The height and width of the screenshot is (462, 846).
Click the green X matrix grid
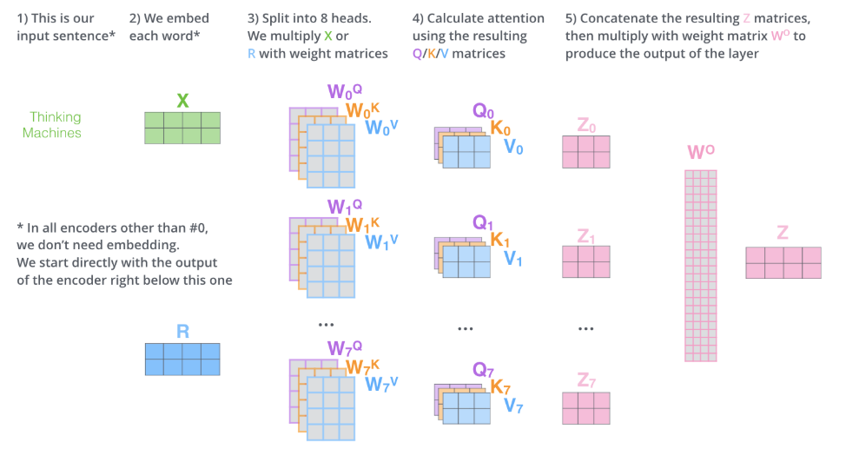[x=182, y=128]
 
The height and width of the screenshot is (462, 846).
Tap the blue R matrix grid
[x=182, y=359]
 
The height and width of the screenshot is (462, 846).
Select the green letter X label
[x=182, y=101]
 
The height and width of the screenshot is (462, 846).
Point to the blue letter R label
[x=182, y=331]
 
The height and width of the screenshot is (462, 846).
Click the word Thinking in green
[x=55, y=117]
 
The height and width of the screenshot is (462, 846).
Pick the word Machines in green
[x=52, y=133]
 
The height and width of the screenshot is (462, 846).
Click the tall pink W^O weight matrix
[x=700, y=265]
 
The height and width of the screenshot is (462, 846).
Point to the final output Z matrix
[x=783, y=262]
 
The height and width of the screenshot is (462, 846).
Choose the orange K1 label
[x=501, y=239]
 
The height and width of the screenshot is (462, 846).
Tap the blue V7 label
[x=513, y=405]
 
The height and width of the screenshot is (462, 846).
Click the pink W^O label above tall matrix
[x=701, y=153]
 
